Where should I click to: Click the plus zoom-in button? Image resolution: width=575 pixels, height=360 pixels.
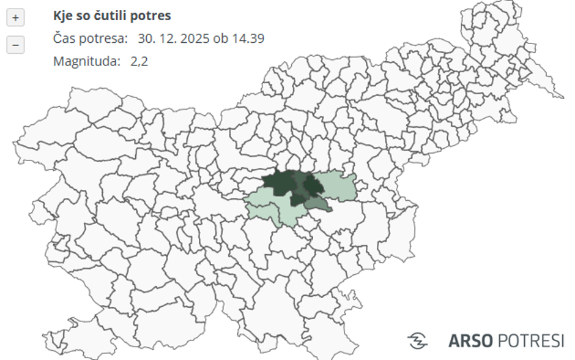pos(15,18)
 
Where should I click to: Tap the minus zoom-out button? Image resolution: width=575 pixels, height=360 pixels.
pos(15,45)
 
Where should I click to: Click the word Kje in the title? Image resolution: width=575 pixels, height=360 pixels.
pos(62,15)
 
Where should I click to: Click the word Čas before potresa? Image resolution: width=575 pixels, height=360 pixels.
pos(64,39)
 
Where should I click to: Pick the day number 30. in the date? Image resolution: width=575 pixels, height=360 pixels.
pos(147,39)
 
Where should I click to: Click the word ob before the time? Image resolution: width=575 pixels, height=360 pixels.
pos(221,39)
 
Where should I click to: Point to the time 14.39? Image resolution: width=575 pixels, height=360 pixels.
pos(248,39)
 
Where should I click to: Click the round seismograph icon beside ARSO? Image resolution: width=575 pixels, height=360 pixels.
pos(417,340)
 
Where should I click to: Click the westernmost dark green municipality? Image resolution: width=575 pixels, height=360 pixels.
pos(276,182)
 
